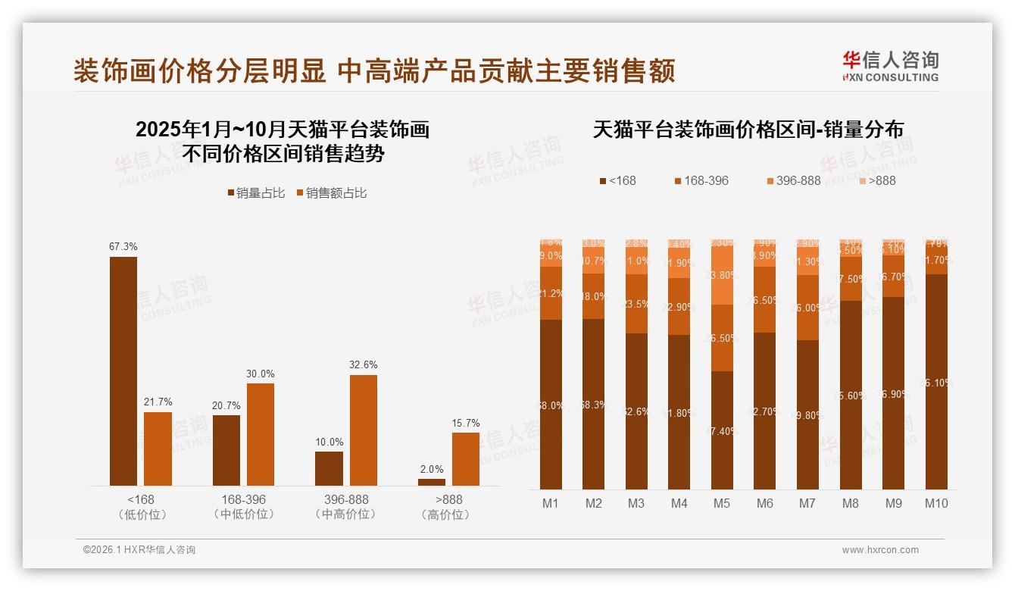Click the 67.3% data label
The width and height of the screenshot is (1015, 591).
point(123,247)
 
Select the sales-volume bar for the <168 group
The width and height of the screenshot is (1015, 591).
point(123,371)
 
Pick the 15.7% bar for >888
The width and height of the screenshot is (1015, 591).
point(466,459)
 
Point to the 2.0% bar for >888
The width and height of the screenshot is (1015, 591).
point(432,482)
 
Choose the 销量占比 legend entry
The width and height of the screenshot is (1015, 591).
point(257,193)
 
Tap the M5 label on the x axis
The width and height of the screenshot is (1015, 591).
point(722,504)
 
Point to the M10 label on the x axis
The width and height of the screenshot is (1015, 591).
point(936,504)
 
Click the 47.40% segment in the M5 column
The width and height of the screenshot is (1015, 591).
point(722,430)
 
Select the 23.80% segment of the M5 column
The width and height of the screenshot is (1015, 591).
point(722,276)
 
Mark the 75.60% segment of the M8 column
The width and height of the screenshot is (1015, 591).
point(851,395)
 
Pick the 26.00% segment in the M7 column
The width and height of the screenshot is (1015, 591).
point(808,308)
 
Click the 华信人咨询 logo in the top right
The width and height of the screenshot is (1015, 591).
point(890,66)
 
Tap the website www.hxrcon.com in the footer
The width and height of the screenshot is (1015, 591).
point(880,550)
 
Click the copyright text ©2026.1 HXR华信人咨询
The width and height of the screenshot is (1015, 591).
point(139,550)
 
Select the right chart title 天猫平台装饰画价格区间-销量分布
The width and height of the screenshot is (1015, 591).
point(748,130)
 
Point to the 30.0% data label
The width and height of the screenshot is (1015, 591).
point(260,374)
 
